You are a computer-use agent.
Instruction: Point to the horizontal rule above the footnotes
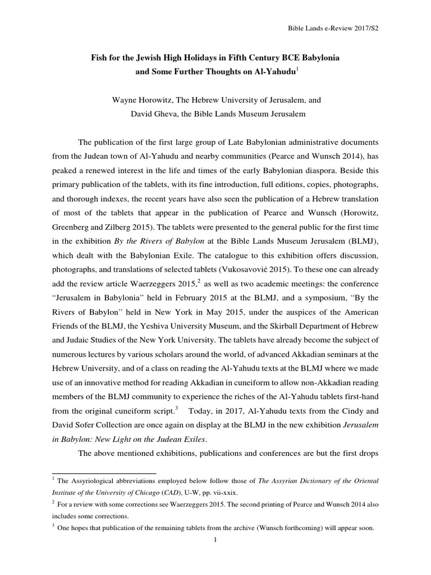pyautogui.click(x=104, y=473)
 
